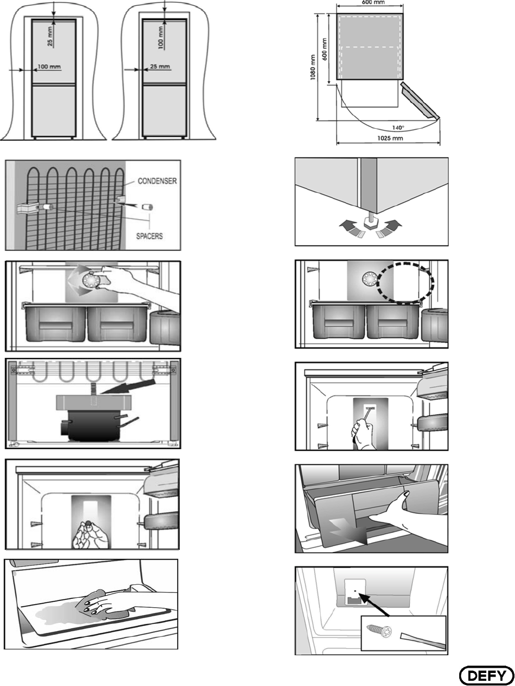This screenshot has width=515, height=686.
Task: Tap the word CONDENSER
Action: pos(157,181)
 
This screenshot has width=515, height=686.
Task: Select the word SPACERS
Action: pos(150,236)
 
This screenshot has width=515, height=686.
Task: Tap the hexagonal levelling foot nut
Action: pos(371,225)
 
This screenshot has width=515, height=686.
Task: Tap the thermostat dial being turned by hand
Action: pos(92,280)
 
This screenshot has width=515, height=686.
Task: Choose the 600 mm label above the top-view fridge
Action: pos(370,3)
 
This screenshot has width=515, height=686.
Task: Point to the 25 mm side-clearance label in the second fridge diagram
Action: pos(160,66)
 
